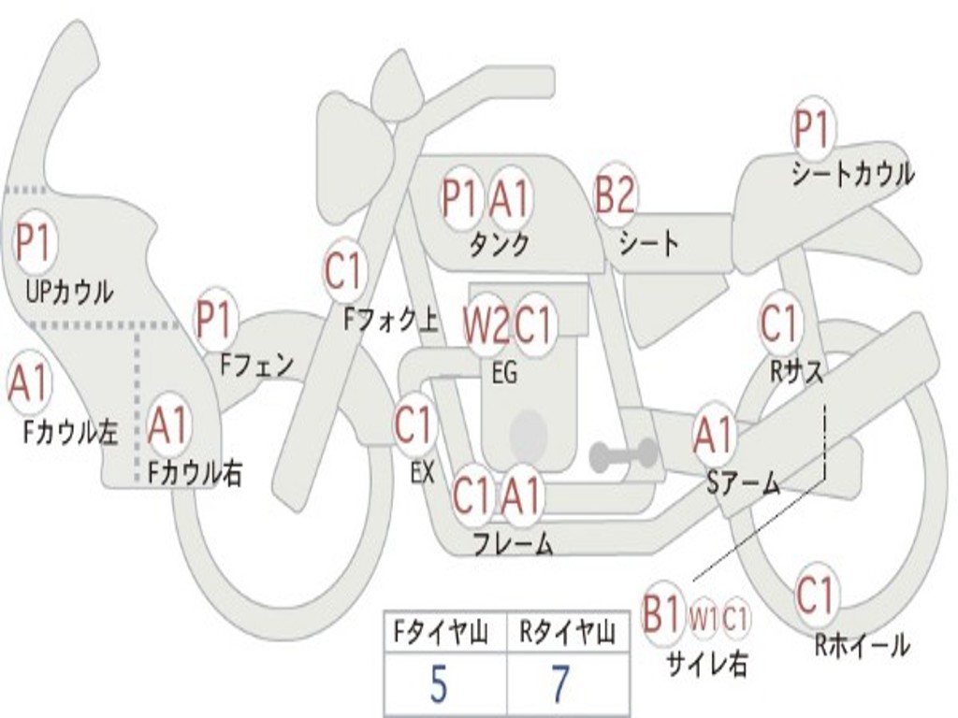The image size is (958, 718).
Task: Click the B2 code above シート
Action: coord(615,195)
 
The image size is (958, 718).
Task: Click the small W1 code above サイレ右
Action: coord(704,618)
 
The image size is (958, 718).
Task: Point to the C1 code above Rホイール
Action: coord(814,595)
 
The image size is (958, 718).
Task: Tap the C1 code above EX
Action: coord(414,426)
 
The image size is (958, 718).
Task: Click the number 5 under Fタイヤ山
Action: coord(439,685)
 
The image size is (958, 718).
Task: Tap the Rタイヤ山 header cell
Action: coord(567,634)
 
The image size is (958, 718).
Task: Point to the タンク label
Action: coord(499,244)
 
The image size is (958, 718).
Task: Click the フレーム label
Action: coord(513,543)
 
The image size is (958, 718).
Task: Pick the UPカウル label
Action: coord(69,291)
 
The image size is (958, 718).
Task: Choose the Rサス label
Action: coord(797,371)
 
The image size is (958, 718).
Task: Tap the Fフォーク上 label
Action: coord(391,321)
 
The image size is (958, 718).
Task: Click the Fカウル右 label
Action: coord(195,473)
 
